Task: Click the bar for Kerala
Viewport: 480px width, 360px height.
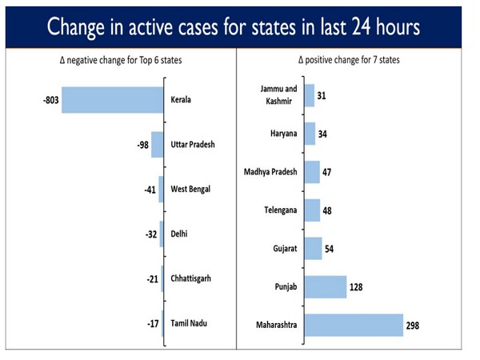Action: pos(112,100)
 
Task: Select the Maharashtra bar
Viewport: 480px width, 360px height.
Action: pos(354,325)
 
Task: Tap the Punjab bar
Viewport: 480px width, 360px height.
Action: pos(326,286)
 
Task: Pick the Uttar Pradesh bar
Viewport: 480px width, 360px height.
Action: pos(157,145)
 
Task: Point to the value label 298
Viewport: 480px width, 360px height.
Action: pos(412,326)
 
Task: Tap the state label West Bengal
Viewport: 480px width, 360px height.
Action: pos(193,190)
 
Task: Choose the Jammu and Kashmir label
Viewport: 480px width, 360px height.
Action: pos(278,95)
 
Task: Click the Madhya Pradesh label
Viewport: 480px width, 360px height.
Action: pos(270,172)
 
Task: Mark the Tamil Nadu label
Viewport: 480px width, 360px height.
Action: pos(190,324)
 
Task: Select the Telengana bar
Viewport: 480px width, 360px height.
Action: pos(313,210)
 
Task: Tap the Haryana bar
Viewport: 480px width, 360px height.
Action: pos(310,134)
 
